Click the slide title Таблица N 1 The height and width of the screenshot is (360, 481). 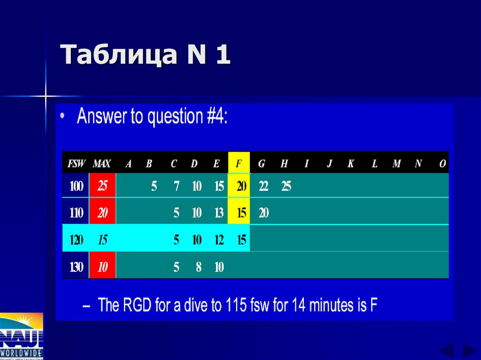coord(146,55)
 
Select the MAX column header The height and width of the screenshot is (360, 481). coord(102,164)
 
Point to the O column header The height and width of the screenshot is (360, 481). coord(442,164)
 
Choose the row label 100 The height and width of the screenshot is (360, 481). coord(76,186)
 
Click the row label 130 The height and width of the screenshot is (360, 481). coord(76,268)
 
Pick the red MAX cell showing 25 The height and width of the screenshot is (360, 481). coord(102,186)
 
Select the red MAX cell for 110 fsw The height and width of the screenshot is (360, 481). coord(102,213)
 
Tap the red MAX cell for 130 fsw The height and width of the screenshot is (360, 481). coord(102,268)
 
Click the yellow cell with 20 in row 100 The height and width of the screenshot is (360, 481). coord(241,186)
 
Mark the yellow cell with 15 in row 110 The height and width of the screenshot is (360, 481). coord(241,213)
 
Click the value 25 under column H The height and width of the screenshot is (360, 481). coord(286,186)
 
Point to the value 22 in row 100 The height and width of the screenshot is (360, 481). coord(264,186)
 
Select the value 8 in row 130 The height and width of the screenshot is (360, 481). coord(199,268)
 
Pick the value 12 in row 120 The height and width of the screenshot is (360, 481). coord(219,240)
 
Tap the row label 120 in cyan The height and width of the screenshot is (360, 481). coord(76,240)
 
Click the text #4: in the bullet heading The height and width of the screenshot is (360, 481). coord(215,116)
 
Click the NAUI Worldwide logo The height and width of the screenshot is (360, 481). coord(22,336)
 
